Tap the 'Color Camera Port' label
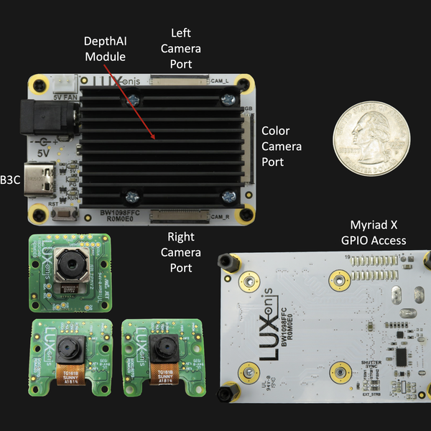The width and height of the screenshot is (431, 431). (282, 146)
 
